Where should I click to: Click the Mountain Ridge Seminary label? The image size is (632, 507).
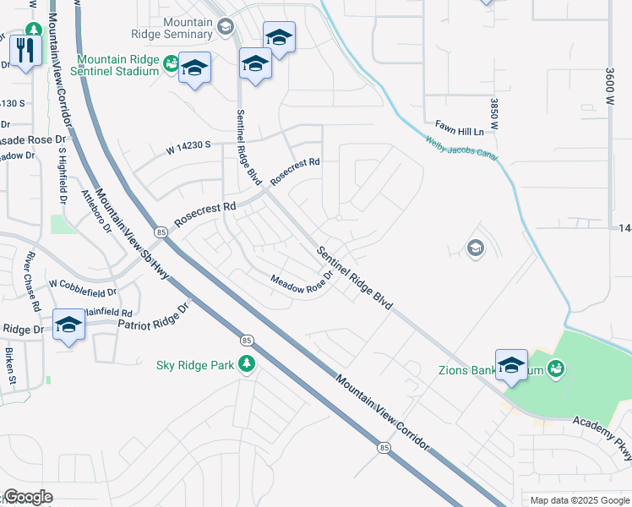[x=175, y=27]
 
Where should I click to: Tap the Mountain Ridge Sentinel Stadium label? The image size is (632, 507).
[x=117, y=65]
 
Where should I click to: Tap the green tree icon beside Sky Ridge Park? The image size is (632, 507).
[x=247, y=364]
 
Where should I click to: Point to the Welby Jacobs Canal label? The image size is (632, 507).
[x=461, y=149]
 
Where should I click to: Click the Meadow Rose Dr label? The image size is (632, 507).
[x=302, y=285]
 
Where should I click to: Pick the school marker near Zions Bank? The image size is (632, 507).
[x=511, y=365]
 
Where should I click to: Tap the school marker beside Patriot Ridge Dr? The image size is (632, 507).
[x=68, y=324]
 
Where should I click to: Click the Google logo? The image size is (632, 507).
[x=28, y=497]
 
